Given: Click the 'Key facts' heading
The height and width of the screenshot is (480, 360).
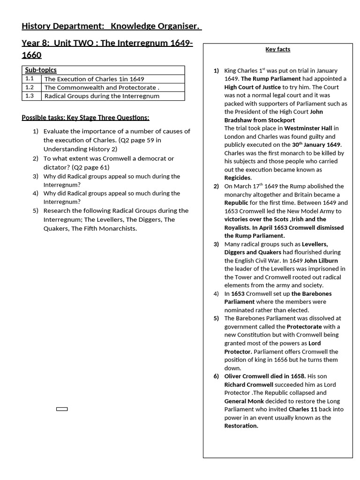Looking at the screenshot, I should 277,49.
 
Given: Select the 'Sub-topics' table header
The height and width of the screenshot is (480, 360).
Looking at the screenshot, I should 41,70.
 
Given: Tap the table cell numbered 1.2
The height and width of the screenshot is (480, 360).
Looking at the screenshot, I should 30,87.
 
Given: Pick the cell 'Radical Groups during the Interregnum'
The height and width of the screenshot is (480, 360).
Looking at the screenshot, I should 102,96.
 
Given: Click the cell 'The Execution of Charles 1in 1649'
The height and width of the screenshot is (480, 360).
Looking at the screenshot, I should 94,79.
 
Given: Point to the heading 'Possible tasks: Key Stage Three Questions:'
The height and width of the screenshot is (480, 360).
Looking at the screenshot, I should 85,118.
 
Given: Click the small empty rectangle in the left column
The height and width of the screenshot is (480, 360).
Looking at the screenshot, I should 62,409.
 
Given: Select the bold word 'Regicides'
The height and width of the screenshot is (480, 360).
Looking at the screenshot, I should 237,178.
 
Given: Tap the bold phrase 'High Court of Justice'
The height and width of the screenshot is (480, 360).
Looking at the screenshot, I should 252,87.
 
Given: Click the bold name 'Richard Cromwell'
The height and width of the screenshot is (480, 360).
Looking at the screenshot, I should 248,384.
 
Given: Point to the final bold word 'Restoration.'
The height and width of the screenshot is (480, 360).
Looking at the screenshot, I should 241,426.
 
